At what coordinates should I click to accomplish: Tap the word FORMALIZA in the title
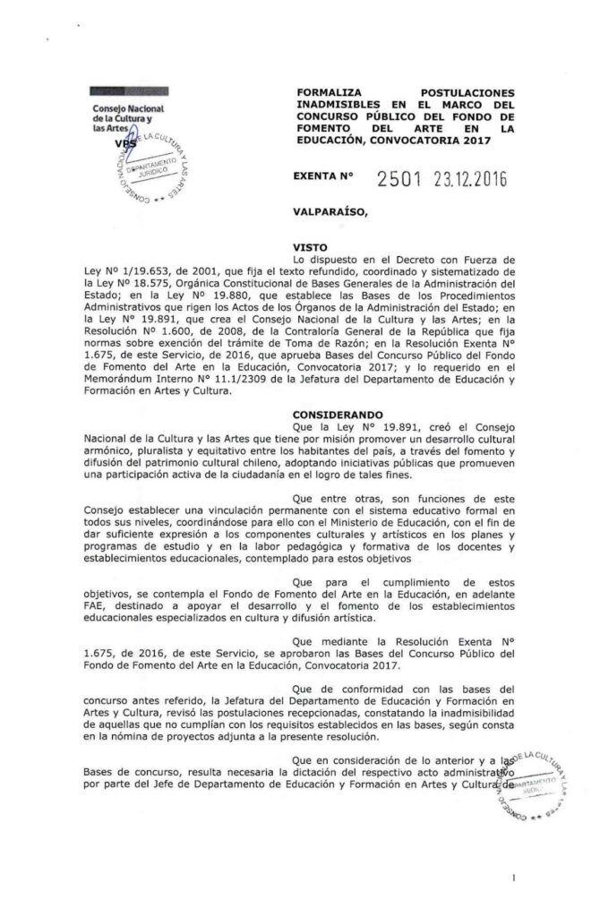(330, 92)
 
